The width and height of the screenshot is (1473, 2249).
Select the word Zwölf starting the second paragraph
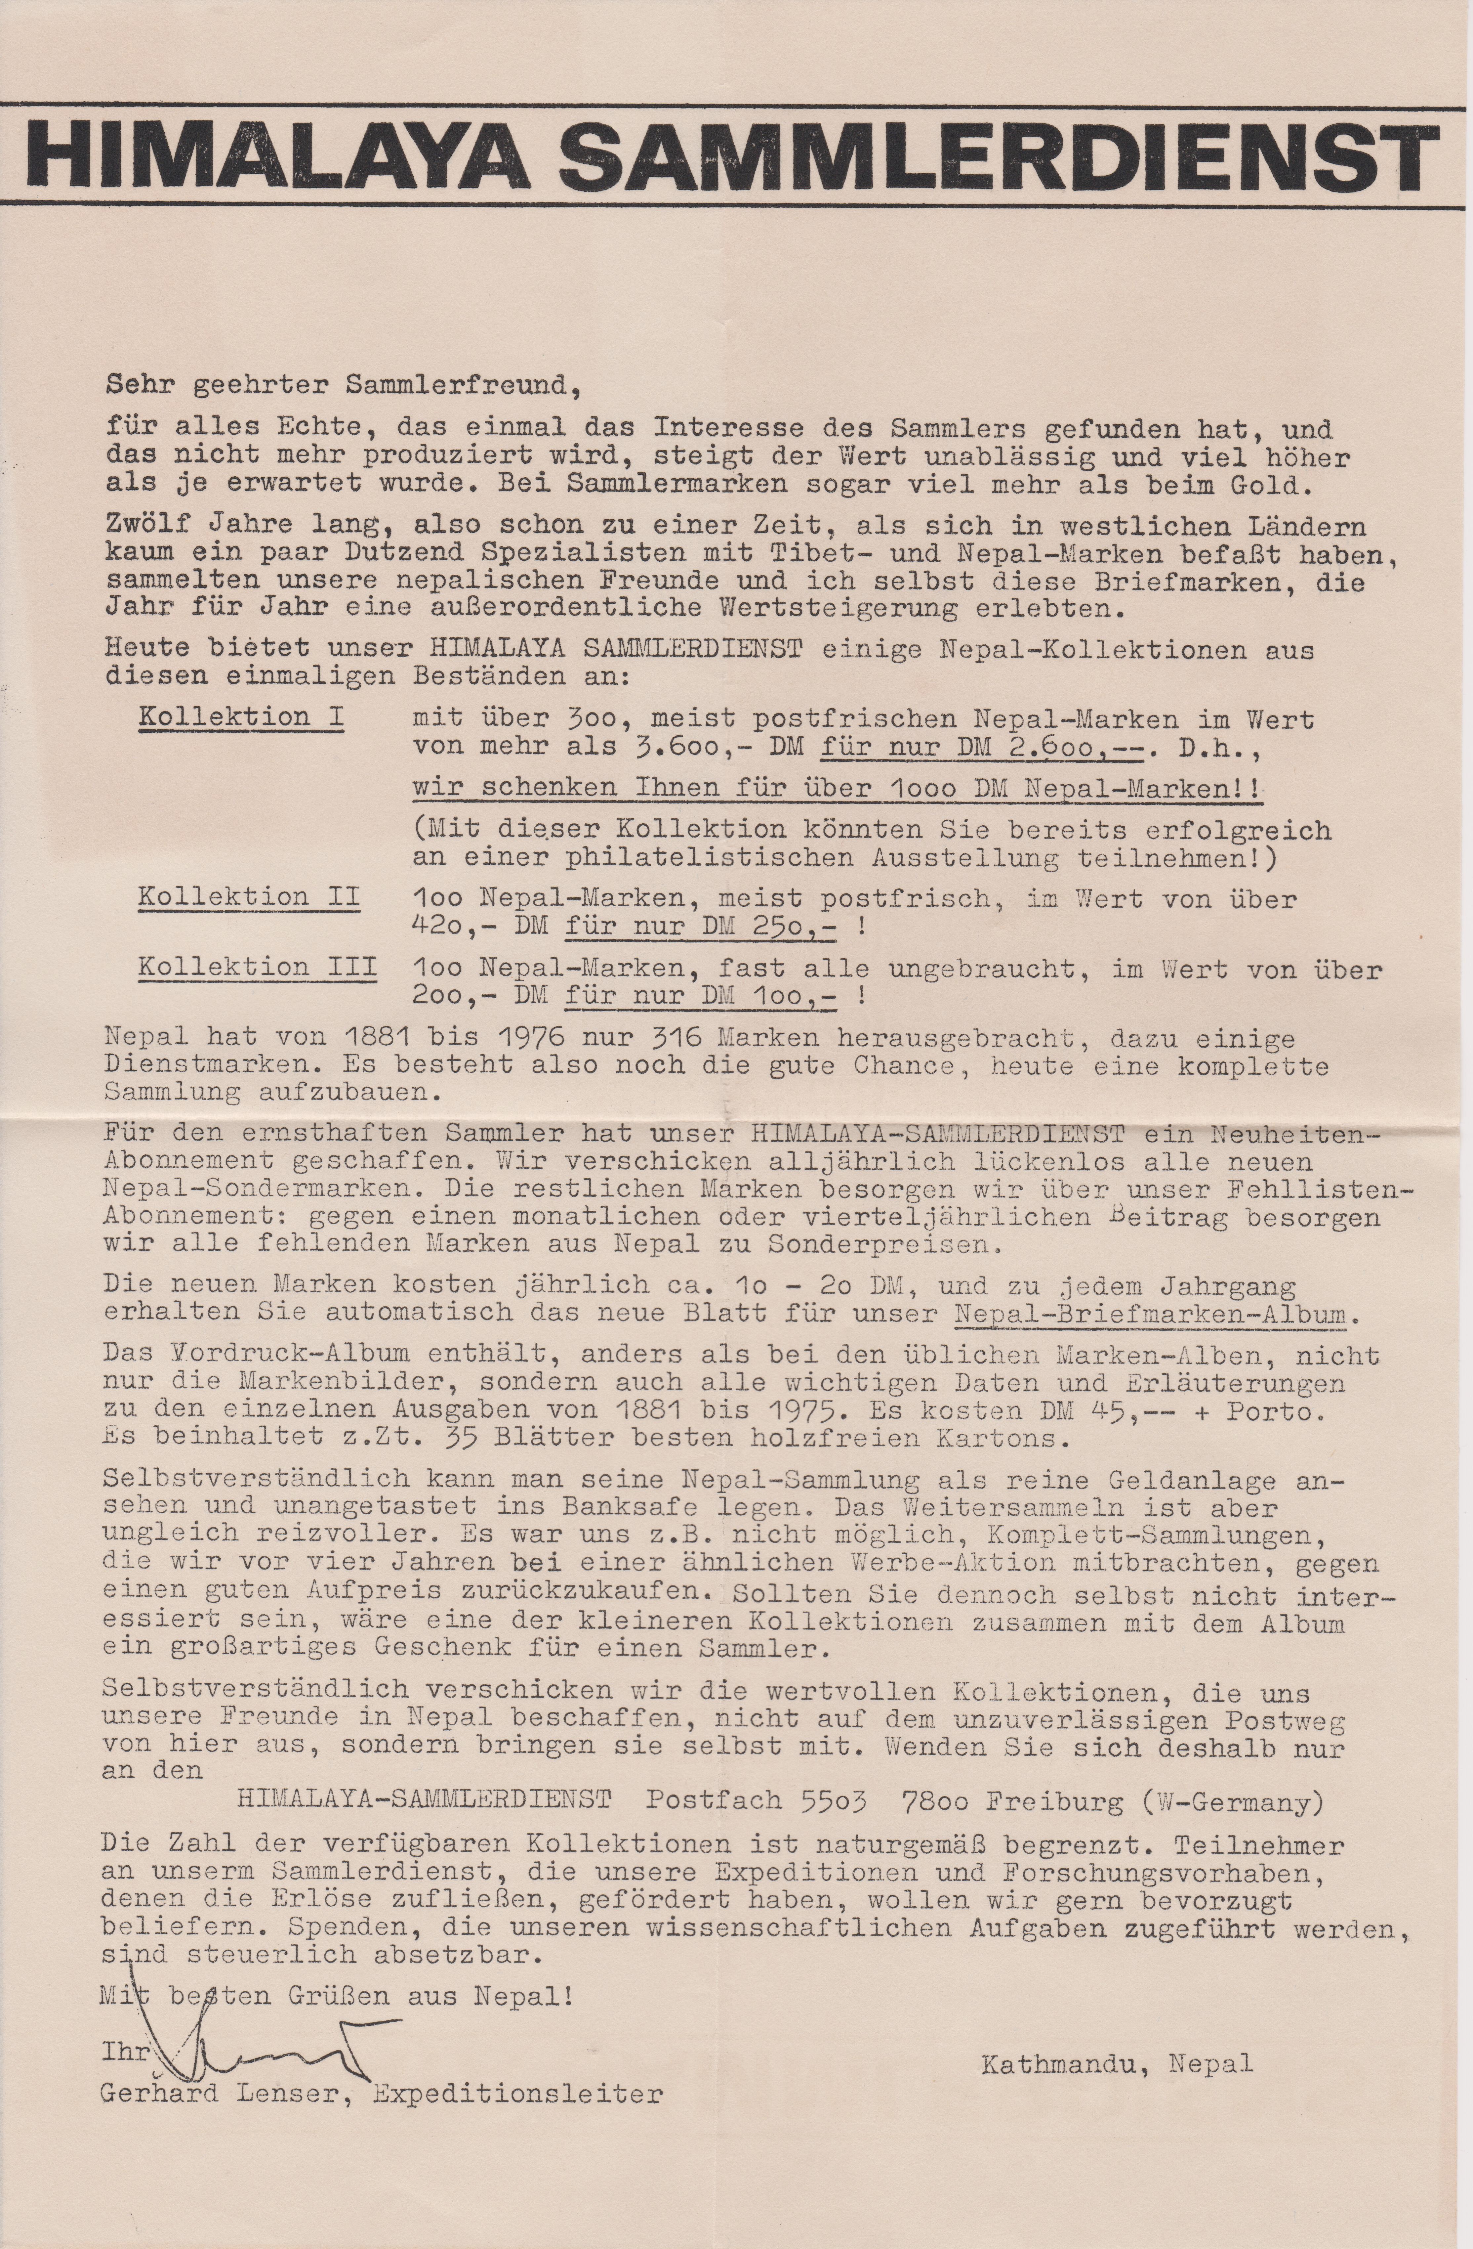tap(140, 525)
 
